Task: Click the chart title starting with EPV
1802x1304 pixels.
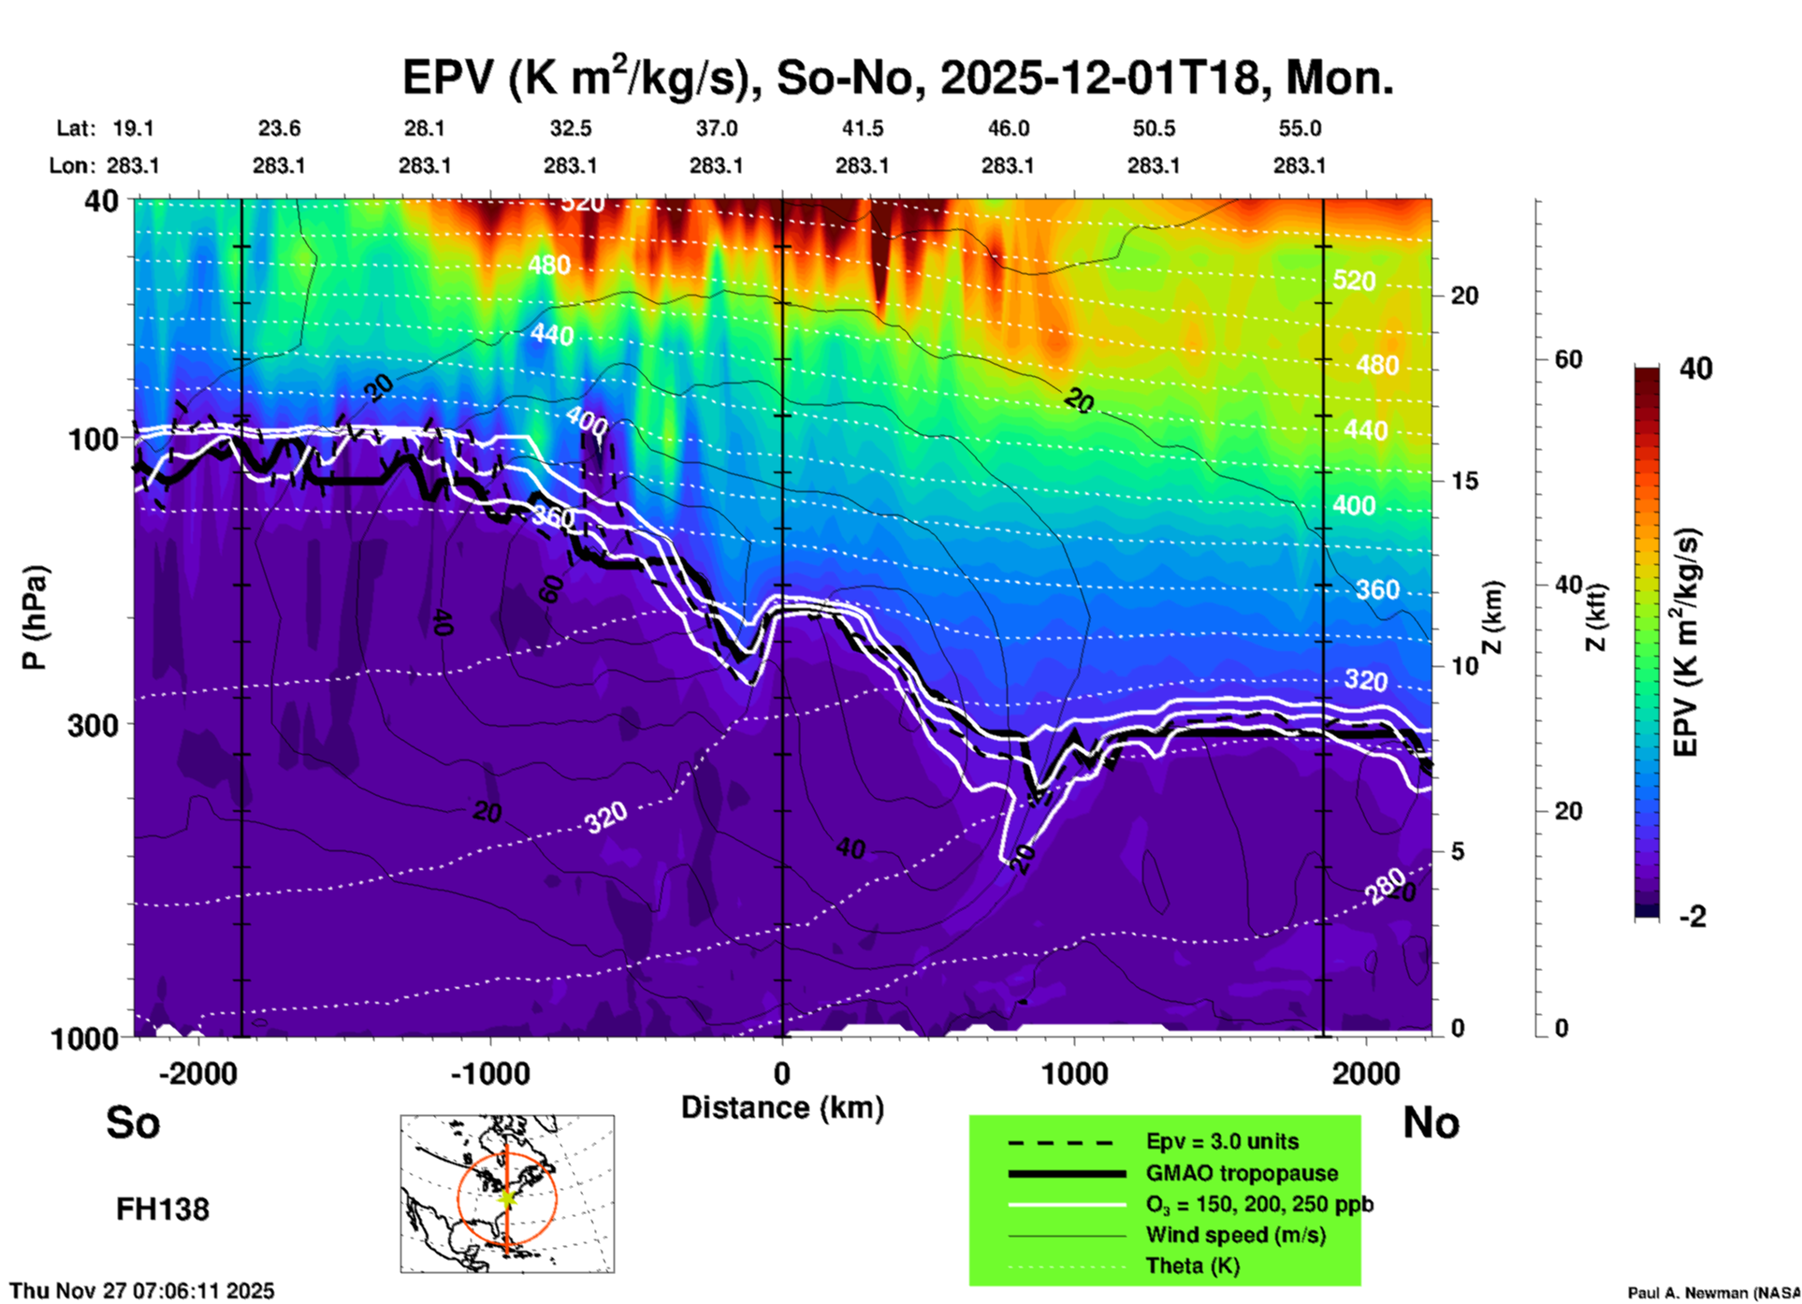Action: point(898,77)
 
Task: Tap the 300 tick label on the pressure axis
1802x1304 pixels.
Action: point(93,725)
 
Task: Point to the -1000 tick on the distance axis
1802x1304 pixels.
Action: point(489,1073)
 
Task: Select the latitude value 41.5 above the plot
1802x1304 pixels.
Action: point(862,128)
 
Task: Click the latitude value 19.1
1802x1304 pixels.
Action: point(133,128)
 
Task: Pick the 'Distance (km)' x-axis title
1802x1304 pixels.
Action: point(782,1108)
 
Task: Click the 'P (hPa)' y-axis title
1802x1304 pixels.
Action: point(35,616)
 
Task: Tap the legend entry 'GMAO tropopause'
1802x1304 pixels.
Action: point(1242,1173)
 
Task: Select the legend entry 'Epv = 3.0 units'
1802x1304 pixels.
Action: point(1222,1141)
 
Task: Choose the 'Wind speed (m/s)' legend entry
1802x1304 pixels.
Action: point(1235,1235)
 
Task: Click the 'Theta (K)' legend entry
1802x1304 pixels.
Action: point(1192,1266)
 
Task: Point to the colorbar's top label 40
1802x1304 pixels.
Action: point(1695,369)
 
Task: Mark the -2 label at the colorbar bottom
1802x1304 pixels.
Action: point(1693,917)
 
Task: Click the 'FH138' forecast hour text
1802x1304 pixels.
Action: point(163,1210)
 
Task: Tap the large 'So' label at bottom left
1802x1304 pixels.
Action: point(133,1123)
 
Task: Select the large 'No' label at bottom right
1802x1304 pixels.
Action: point(1431,1123)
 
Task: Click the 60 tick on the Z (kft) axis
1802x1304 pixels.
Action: point(1568,359)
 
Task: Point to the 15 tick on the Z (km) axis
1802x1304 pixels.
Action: point(1464,481)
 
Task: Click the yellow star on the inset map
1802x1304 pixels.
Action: point(506,1197)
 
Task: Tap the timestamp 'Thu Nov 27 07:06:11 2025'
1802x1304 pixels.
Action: point(142,1291)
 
